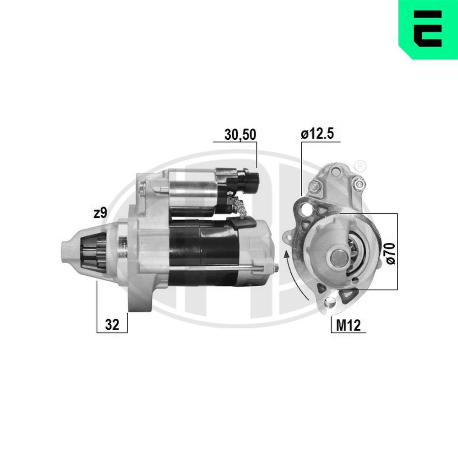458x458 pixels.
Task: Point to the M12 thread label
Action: click(x=349, y=325)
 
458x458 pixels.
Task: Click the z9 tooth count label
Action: click(x=101, y=213)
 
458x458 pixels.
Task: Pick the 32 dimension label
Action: click(x=112, y=325)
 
